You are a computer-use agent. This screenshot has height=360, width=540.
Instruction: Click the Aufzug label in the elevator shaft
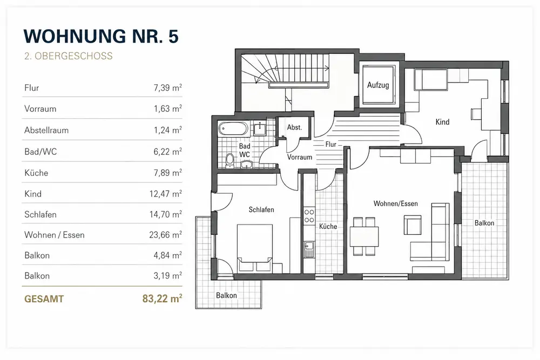[378, 85]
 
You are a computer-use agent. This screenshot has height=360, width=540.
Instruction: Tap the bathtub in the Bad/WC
[233, 129]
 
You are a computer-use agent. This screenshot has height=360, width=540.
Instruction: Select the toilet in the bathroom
[230, 160]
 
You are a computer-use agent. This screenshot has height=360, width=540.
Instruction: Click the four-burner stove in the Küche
[309, 216]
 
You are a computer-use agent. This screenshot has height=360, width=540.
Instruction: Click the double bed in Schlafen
[254, 248]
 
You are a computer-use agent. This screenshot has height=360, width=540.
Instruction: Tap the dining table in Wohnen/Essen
[364, 236]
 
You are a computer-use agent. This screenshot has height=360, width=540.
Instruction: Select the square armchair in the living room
[413, 225]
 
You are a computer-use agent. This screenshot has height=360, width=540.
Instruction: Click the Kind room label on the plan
[442, 122]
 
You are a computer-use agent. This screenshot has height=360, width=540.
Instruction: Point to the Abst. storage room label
[294, 127]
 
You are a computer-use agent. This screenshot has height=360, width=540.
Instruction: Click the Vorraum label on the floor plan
[300, 157]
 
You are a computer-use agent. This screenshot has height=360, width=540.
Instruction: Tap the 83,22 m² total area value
[162, 298]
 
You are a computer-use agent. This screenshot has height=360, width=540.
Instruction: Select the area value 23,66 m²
[165, 235]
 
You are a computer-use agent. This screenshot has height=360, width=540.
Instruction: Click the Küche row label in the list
[36, 173]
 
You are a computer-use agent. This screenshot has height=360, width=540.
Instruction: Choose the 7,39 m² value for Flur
[168, 88]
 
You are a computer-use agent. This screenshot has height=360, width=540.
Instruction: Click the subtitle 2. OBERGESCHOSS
[68, 56]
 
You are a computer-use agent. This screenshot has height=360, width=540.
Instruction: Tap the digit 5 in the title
[173, 36]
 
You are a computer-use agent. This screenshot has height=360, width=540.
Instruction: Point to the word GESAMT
[44, 298]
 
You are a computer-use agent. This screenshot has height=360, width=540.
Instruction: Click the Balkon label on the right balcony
[484, 223]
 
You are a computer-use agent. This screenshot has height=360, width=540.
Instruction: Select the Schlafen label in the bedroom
[261, 209]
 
